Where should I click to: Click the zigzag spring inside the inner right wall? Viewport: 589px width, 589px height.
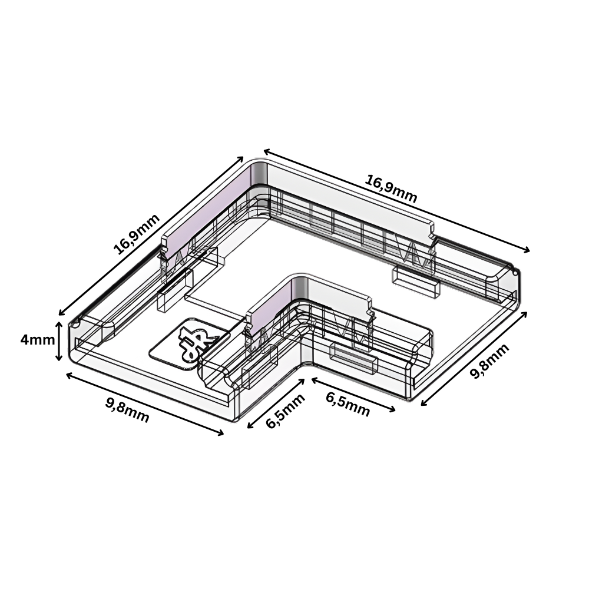[x=357, y=330]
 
